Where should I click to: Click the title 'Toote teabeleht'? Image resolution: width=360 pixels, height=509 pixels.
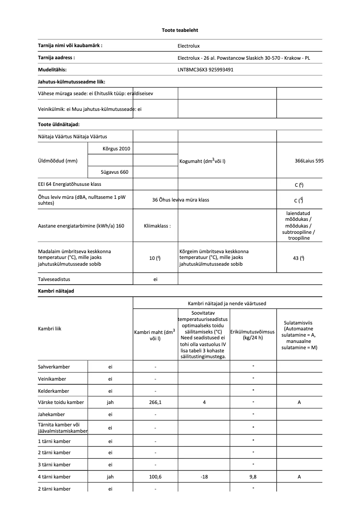[180, 30]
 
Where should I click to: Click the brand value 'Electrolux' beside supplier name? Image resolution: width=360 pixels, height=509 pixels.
[189, 46]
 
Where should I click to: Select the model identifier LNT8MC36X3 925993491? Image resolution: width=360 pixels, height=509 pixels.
[206, 70]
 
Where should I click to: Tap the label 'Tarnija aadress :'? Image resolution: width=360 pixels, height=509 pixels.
[56, 57]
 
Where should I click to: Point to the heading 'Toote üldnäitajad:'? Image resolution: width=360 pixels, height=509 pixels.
[59, 124]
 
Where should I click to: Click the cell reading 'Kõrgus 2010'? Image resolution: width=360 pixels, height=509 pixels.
[116, 148]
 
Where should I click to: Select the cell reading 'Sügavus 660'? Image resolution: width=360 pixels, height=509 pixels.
[116, 171]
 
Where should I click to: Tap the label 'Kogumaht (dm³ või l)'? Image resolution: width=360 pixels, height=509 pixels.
[202, 161]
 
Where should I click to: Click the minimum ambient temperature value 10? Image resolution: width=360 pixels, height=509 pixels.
[155, 258]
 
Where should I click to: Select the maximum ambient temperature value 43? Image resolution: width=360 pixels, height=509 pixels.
[299, 258]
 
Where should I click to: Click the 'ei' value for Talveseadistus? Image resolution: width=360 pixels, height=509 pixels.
[155, 279]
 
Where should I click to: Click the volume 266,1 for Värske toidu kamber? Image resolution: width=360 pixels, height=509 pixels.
[155, 403]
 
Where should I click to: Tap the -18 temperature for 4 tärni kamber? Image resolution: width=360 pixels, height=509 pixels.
[204, 477]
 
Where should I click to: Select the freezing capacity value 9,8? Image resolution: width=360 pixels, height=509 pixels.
[253, 477]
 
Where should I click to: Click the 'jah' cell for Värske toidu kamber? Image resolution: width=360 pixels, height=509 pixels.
[110, 403]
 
